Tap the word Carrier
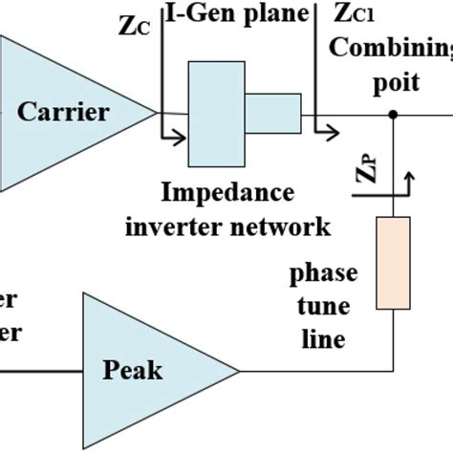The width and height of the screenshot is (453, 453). click(64, 113)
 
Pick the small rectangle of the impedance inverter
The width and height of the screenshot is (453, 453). click(272, 113)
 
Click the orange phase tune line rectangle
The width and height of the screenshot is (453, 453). click(393, 263)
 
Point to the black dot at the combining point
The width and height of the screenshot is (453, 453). click(393, 114)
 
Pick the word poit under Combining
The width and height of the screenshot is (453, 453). click(396, 82)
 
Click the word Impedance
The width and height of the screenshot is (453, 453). click(227, 192)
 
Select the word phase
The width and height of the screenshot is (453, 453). click(324, 273)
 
